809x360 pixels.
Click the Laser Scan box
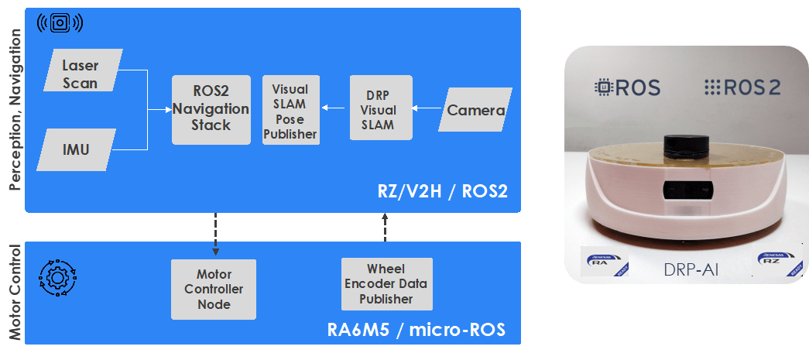pyautogui.click(x=80, y=72)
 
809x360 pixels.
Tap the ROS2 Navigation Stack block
pyautogui.click(x=211, y=109)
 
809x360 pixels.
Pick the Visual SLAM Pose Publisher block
pyautogui.click(x=290, y=111)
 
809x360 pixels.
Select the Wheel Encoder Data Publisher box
pyautogui.click(x=386, y=283)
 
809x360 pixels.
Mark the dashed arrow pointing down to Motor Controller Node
pyautogui.click(x=215, y=232)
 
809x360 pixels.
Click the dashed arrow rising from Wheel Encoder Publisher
pyautogui.click(x=386, y=230)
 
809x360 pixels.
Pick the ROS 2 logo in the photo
pyautogui.click(x=742, y=87)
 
